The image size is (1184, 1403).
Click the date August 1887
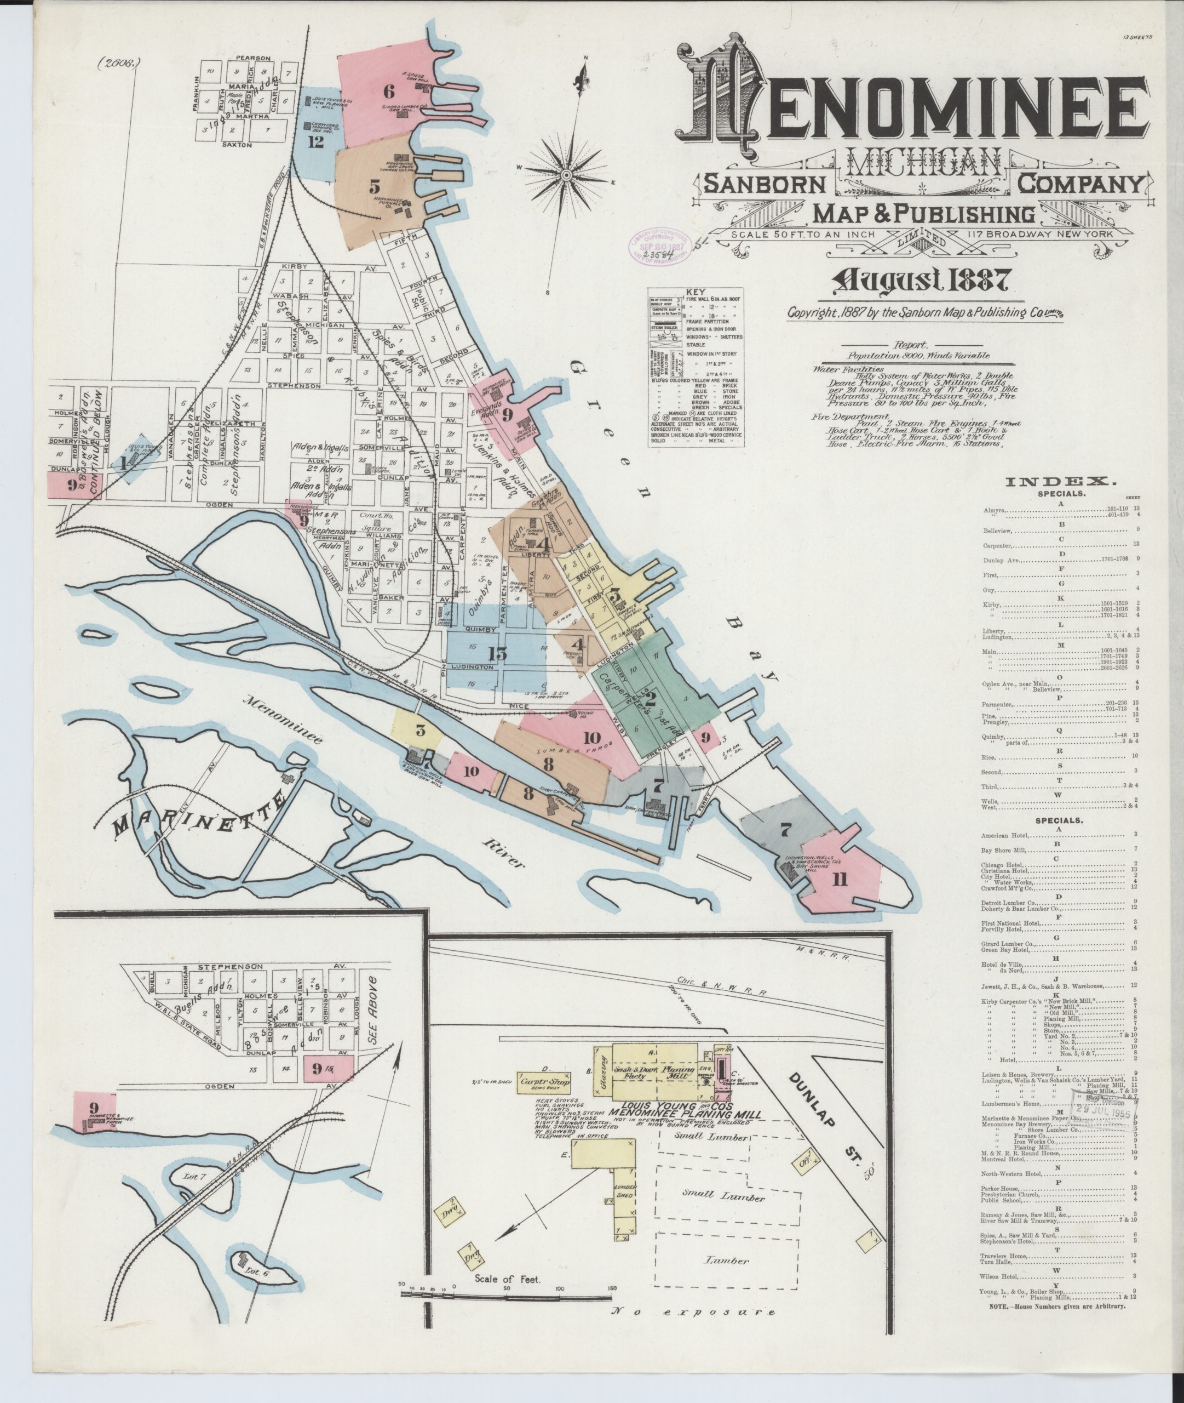(x=920, y=280)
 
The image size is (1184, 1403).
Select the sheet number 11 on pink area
(x=839, y=879)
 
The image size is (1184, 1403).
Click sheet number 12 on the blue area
(x=315, y=142)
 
